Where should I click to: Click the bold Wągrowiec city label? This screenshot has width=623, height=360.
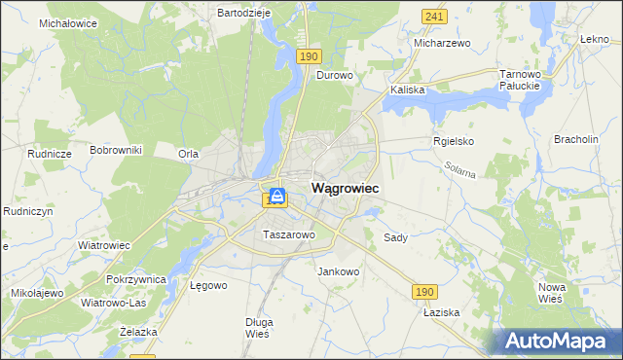(345, 188)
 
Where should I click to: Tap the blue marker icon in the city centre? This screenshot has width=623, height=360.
(277, 198)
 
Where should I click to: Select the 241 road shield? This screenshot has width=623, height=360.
(435, 17)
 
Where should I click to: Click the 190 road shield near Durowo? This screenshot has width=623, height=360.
(310, 57)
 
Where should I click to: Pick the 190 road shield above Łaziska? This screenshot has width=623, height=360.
(422, 291)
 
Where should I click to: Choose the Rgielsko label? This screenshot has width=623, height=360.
(453, 141)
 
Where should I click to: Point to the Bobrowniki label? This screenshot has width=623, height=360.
(116, 150)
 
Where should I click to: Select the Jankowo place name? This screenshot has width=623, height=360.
(339, 271)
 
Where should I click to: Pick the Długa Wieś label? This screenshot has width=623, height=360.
(258, 327)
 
